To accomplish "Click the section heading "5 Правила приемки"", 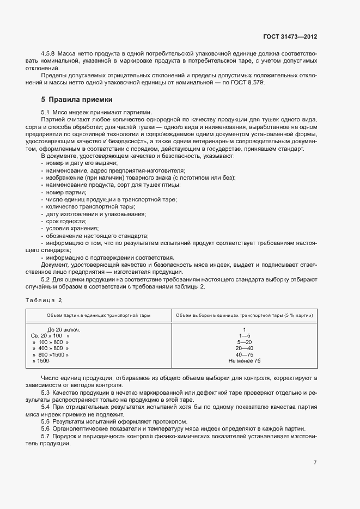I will click(77, 100).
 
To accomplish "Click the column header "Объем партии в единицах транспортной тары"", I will click(99, 315).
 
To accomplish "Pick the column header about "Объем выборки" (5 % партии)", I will click(245, 315).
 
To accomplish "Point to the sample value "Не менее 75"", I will click(245, 360).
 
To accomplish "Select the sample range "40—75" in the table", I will click(245, 354).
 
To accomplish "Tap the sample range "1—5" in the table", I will click(245, 336).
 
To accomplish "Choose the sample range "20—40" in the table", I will click(245, 348).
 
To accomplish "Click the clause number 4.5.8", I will click(50, 53).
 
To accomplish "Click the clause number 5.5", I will click(46, 421).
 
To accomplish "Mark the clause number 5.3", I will click(46, 392).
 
